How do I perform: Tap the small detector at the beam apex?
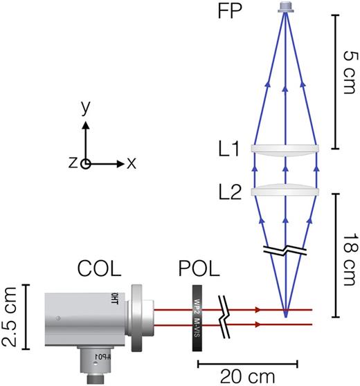[x=285, y=8]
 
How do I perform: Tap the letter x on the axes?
[x=132, y=164]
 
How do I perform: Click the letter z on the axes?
[x=73, y=164]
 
